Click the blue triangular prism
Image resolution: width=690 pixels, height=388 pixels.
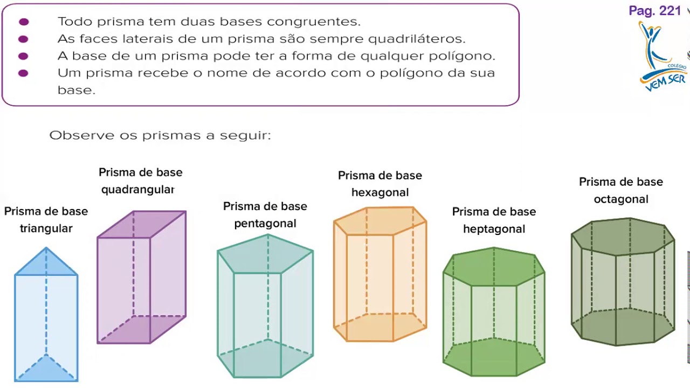pyautogui.click(x=46, y=318)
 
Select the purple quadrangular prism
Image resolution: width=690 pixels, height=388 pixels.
pyautogui.click(x=141, y=278)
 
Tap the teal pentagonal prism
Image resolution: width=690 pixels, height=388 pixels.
pyautogui.click(x=265, y=307)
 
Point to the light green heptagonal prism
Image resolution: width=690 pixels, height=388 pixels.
pyautogui.click(x=494, y=313)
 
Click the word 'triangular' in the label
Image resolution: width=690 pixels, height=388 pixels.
pyautogui.click(x=46, y=228)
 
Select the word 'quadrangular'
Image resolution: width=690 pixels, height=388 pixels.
pyautogui.click(x=137, y=190)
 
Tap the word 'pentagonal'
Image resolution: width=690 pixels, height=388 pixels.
pyautogui.click(x=265, y=224)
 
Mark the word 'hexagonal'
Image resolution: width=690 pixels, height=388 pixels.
pyautogui.click(x=380, y=193)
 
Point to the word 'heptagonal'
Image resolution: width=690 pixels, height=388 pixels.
pyautogui.click(x=494, y=229)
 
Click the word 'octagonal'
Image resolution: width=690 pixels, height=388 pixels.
pyautogui.click(x=621, y=199)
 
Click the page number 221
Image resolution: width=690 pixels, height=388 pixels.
pyautogui.click(x=670, y=11)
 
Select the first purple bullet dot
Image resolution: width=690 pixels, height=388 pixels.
pyautogui.click(x=24, y=22)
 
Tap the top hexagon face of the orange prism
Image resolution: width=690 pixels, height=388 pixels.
pyautogui.click(x=380, y=221)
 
